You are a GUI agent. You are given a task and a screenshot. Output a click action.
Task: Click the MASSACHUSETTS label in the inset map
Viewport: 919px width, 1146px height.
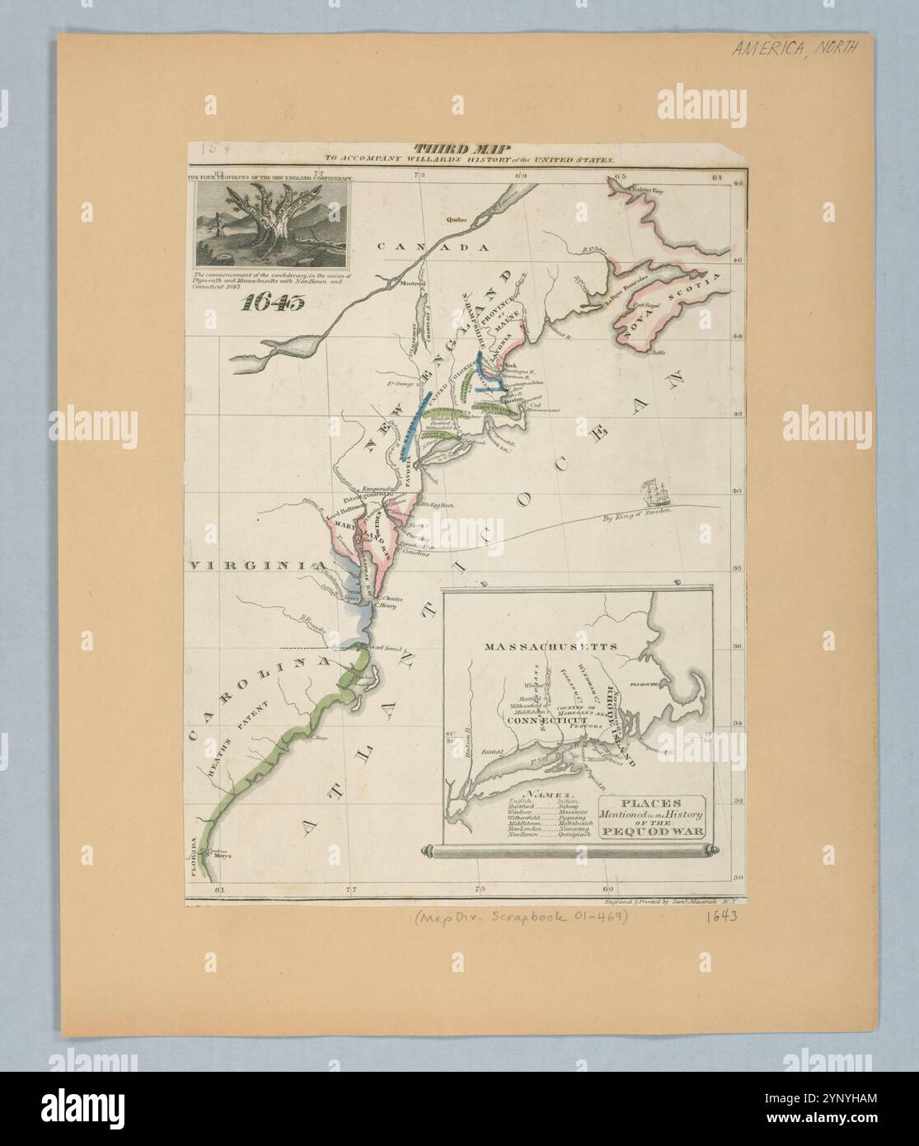563,646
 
